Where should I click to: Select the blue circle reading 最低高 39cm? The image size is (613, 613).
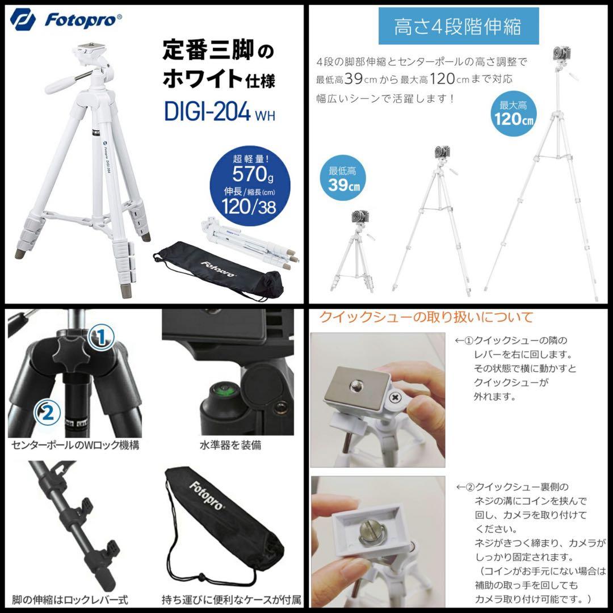[342, 179]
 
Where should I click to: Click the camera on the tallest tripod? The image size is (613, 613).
[561, 54]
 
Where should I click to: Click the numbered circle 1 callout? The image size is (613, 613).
[100, 338]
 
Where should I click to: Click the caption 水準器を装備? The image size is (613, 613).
[230, 446]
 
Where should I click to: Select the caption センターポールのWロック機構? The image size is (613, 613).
[75, 446]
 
